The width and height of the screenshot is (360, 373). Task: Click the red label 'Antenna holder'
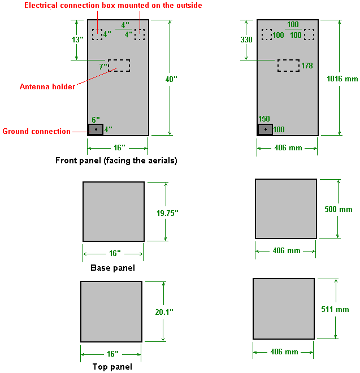(47, 86)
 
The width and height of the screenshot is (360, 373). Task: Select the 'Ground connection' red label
(37, 132)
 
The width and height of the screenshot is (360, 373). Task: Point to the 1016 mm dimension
(342, 79)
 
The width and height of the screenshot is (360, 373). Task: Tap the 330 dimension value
(246, 40)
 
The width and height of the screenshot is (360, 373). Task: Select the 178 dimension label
(307, 66)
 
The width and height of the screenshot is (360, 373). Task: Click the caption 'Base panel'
(112, 268)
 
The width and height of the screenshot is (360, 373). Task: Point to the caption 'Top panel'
(112, 367)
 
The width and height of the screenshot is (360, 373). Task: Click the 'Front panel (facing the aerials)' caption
(116, 161)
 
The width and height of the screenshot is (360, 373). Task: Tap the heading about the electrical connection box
(113, 5)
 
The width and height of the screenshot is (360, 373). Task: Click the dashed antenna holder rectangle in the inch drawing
(119, 65)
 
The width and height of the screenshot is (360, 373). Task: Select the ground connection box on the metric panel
(265, 129)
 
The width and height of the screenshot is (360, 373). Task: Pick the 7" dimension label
(103, 67)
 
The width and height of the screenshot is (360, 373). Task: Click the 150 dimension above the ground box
(264, 119)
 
